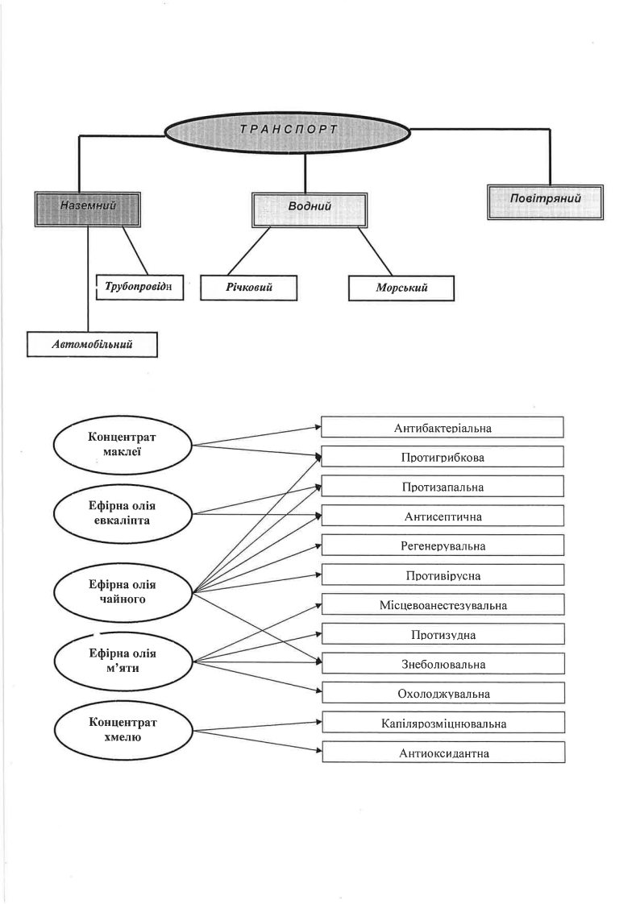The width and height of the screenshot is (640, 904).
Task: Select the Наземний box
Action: coord(88,209)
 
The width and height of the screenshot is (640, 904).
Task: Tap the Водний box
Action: coord(310,209)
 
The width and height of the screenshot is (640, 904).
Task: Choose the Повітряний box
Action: coord(546,201)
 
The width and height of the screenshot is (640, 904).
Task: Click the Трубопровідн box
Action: coord(139,287)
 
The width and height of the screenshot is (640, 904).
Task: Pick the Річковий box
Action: coord(248,288)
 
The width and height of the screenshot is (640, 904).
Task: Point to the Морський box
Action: coord(401,288)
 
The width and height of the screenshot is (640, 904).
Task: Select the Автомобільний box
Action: coord(92,345)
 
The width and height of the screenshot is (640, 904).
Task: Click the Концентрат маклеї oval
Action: coord(123,445)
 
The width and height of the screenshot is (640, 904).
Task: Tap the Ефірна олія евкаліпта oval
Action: coord(123,513)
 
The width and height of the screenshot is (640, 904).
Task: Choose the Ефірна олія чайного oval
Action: coord(123,592)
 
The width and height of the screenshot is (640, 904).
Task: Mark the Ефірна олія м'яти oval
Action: coord(123,661)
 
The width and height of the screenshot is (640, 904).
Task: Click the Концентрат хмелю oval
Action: coord(123,730)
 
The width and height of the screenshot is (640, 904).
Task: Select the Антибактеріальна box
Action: coord(443,427)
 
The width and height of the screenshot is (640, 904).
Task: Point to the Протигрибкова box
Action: coord(443,457)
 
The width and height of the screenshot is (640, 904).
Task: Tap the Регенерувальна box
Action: coord(443,545)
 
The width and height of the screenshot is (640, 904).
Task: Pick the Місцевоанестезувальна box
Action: coord(443,605)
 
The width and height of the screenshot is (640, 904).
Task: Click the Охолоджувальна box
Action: coord(443,693)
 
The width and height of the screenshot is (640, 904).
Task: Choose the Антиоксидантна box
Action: coord(443,753)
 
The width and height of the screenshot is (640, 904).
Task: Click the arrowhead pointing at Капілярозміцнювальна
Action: coord(318,721)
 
